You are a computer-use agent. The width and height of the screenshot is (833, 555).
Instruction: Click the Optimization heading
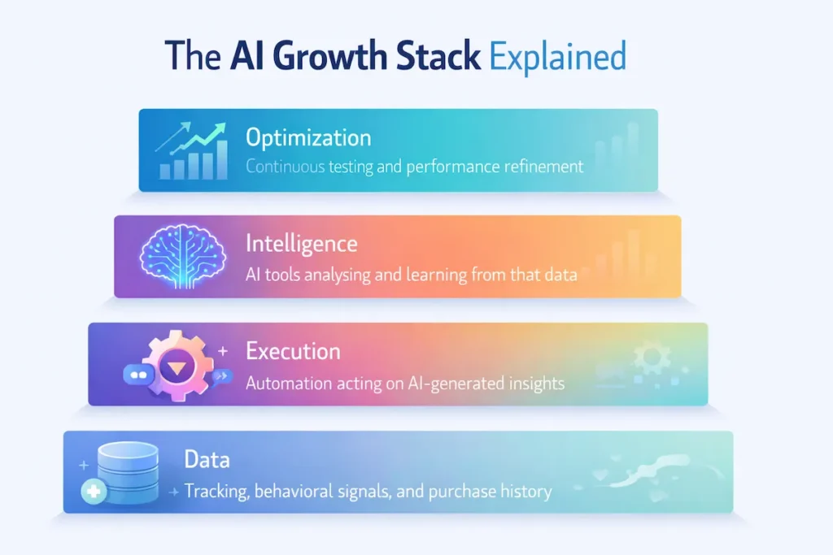pyautogui.click(x=308, y=137)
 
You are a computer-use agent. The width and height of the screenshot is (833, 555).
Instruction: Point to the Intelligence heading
pyautogui.click(x=301, y=243)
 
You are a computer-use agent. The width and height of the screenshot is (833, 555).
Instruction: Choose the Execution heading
pyautogui.click(x=293, y=352)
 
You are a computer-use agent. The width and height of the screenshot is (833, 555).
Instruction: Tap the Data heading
pyautogui.click(x=207, y=460)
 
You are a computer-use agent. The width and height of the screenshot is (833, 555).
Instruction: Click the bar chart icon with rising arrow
pyautogui.click(x=191, y=150)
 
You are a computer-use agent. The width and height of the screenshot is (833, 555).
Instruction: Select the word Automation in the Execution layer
pyautogui.click(x=285, y=382)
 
